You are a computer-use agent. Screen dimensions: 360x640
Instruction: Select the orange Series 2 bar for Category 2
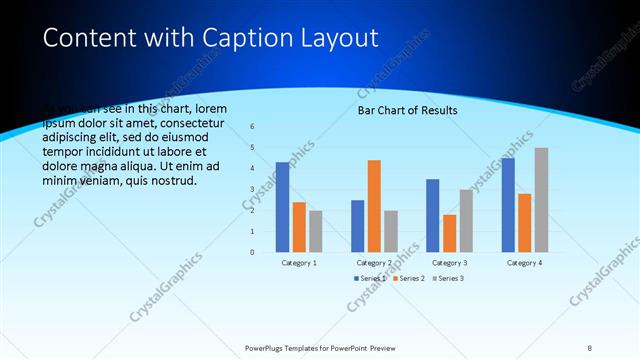point(374,205)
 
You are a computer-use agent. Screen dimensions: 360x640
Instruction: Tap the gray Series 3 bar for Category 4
point(541,199)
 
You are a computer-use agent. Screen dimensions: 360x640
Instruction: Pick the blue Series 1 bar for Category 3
point(432,215)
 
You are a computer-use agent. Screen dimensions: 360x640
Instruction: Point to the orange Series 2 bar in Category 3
point(449,233)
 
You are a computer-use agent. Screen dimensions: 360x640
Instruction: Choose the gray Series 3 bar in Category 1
point(316,230)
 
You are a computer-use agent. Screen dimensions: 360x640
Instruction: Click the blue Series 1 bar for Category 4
point(508,204)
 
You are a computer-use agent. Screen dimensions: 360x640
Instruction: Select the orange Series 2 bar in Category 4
point(524,222)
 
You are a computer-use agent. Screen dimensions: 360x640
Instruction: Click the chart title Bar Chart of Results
point(407,110)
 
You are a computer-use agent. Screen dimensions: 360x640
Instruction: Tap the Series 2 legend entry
point(408,277)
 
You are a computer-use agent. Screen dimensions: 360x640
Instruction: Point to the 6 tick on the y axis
point(253,126)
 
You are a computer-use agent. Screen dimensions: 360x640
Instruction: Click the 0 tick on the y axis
point(253,252)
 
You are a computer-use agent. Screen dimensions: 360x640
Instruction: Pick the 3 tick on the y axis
point(253,189)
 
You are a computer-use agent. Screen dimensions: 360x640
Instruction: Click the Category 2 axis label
point(374,263)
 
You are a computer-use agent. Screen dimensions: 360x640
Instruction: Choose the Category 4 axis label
point(524,263)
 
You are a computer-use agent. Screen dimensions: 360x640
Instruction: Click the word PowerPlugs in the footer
point(267,347)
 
